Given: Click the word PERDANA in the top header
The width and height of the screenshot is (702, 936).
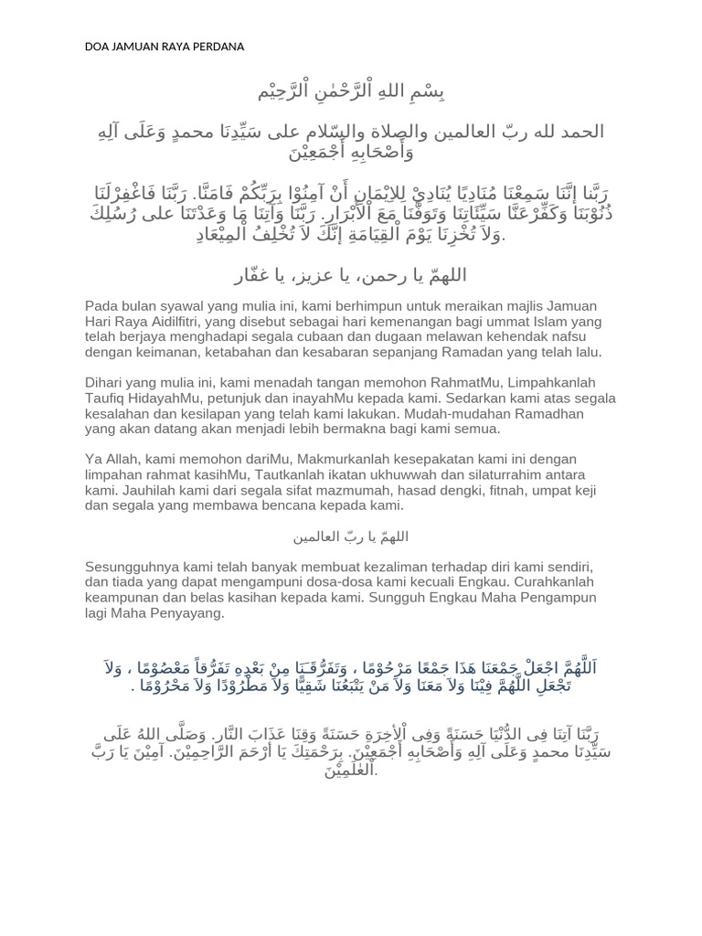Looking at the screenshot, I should (x=217, y=47).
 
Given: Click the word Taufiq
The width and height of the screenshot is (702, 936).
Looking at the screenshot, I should (x=106, y=399).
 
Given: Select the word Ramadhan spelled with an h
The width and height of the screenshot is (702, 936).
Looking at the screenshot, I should (x=442, y=414).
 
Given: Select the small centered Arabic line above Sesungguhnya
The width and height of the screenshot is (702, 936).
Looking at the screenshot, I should (x=350, y=537).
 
